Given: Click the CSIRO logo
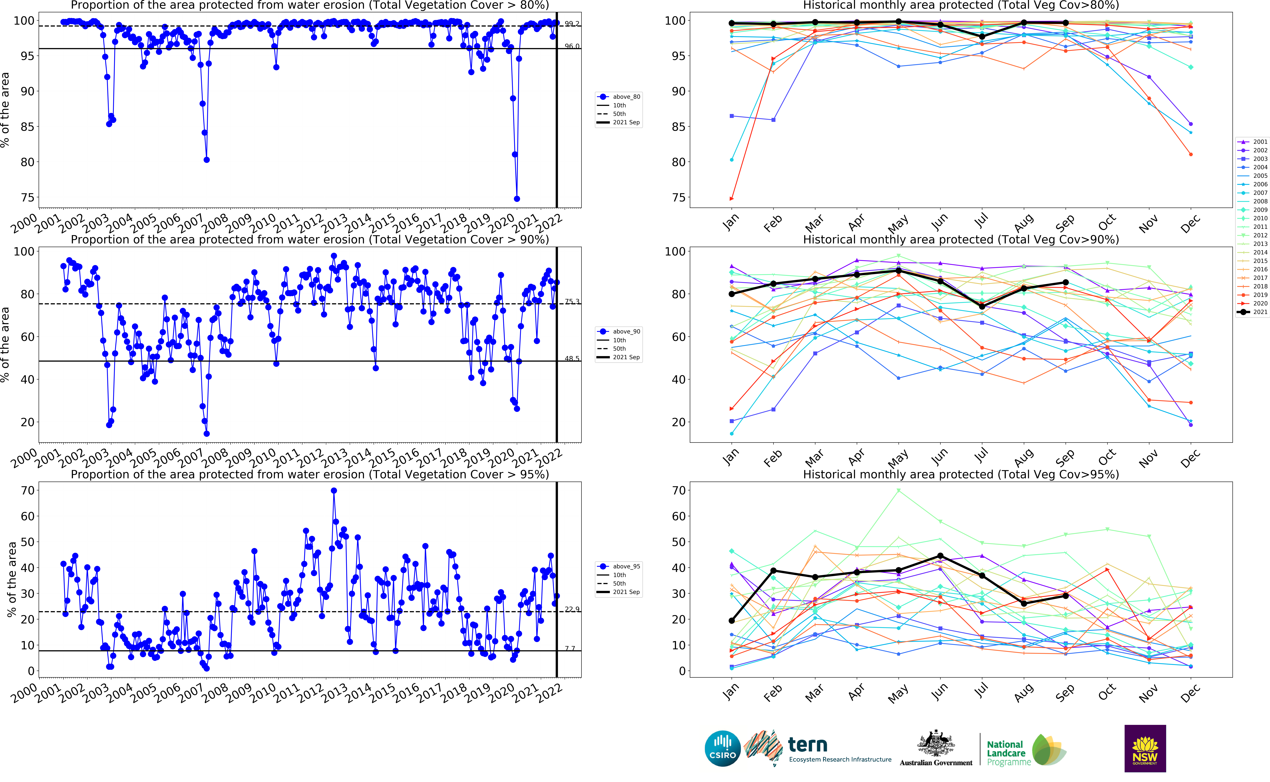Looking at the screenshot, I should coord(722,748).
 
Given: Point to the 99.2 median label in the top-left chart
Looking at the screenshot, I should coord(572,24).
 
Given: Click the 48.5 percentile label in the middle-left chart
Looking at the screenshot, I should coord(572,358).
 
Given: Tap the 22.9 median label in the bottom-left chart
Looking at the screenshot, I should coord(572,609).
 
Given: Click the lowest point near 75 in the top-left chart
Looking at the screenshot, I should coord(517,199).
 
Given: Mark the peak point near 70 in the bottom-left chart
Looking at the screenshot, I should coord(334,491).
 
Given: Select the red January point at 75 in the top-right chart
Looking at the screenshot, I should coord(731,199).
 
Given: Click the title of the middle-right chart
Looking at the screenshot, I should coord(961,240).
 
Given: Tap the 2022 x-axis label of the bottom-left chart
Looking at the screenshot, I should coord(550,693).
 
